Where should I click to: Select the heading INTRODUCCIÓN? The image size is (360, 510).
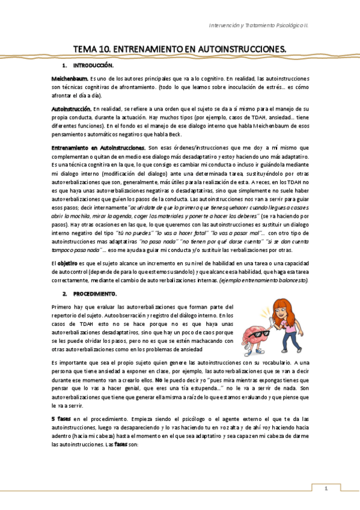point(93,64)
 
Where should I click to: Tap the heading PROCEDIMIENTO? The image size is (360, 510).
point(95,293)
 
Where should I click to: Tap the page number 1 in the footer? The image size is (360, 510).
point(326,488)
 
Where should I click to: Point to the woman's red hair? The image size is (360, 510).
point(280,310)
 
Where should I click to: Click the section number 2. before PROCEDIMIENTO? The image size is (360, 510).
point(65,293)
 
